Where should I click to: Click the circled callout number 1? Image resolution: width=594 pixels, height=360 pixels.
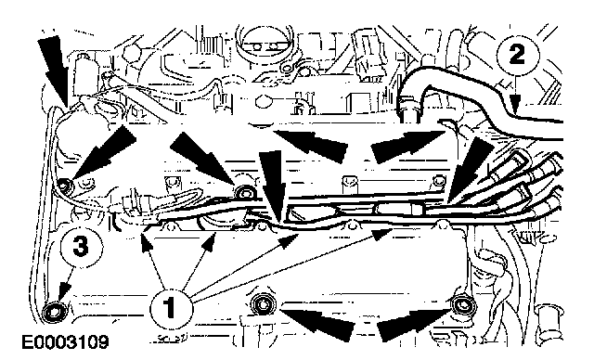[171, 306]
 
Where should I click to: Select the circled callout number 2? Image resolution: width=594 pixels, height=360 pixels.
[518, 55]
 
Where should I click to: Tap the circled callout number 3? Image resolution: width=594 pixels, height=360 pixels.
[81, 247]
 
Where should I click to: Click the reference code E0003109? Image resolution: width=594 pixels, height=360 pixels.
[65, 341]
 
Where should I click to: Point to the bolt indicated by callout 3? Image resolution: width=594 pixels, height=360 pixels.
[54, 313]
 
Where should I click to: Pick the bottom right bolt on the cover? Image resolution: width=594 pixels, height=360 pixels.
[462, 303]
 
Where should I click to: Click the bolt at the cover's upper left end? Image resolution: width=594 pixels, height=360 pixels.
[66, 186]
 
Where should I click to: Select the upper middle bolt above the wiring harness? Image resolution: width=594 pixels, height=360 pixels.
[244, 191]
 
